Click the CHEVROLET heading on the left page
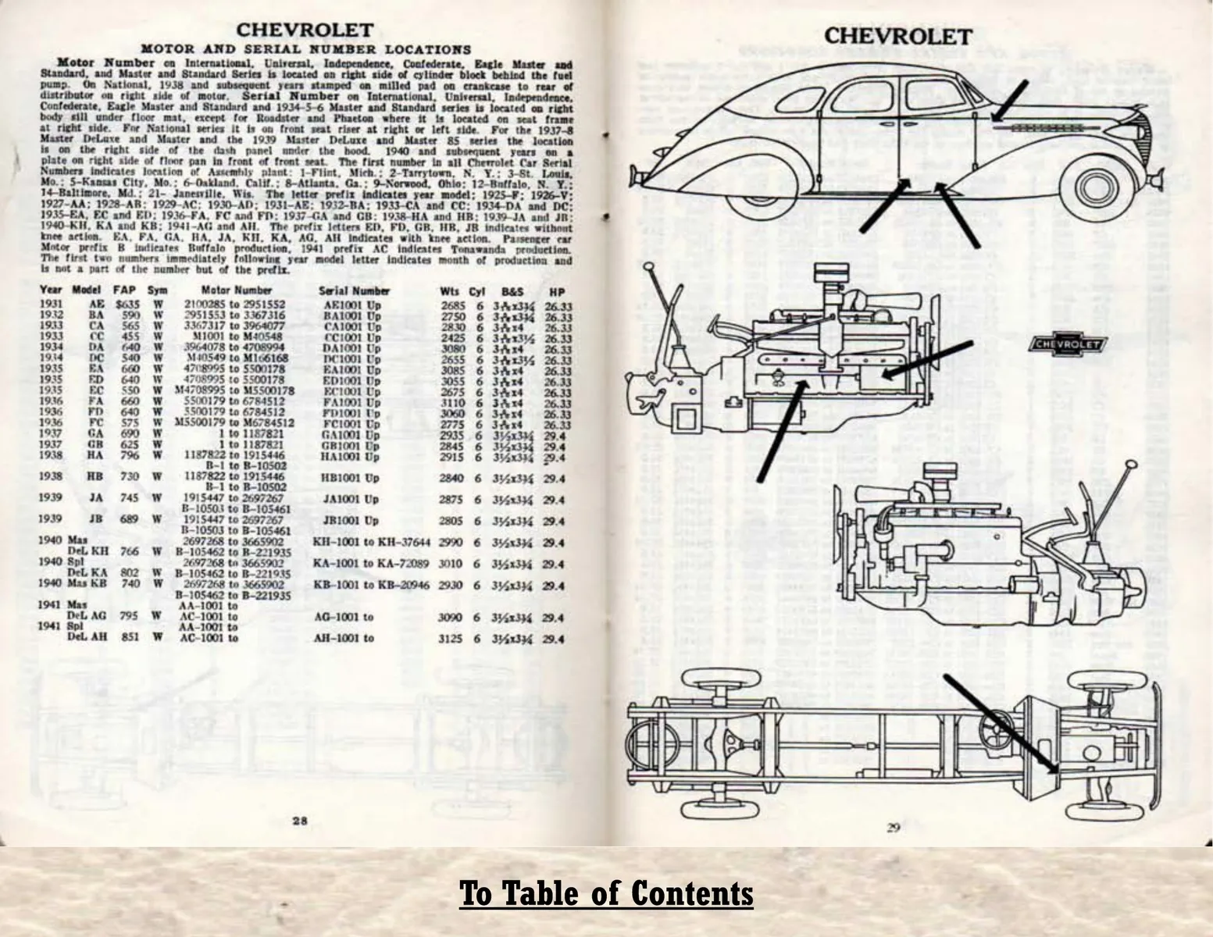(x=305, y=30)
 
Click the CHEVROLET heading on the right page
(x=897, y=36)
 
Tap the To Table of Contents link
(x=606, y=893)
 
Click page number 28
(x=300, y=820)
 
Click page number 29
(x=894, y=828)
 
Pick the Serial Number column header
(x=354, y=290)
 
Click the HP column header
(x=556, y=291)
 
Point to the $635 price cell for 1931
(x=125, y=304)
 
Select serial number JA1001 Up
(x=350, y=499)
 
